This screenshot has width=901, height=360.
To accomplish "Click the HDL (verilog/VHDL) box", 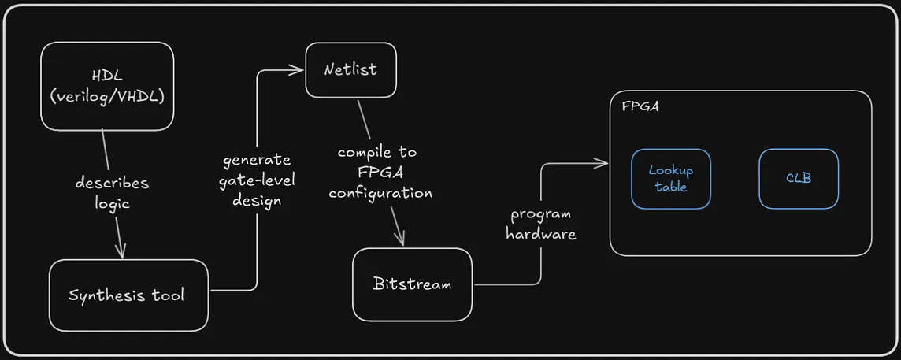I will (x=107, y=86).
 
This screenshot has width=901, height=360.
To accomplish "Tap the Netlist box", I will (x=350, y=69).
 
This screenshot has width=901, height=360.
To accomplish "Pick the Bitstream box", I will (x=413, y=284).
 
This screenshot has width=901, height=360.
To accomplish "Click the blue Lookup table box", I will (x=670, y=179).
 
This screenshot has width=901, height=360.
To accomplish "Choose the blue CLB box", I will (x=799, y=179).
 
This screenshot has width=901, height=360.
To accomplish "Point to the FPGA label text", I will (x=640, y=106).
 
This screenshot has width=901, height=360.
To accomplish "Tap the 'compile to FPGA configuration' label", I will (x=380, y=172).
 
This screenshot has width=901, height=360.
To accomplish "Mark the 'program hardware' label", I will (x=540, y=224).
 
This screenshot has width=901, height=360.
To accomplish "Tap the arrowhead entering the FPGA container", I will (x=604, y=164).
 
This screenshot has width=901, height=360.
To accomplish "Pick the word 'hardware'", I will (x=540, y=234).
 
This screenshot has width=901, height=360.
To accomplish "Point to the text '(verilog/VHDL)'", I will (x=107, y=98).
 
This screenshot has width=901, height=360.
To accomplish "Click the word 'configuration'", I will (x=380, y=192).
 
